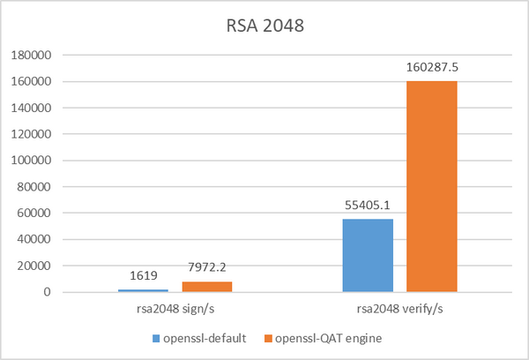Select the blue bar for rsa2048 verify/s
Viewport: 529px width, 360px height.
pyautogui.click(x=368, y=255)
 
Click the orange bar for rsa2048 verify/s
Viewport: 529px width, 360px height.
pyautogui.click(x=431, y=186)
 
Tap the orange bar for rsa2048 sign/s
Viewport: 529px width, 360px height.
pyautogui.click(x=207, y=286)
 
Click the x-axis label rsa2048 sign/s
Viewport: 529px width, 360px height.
pyautogui.click(x=175, y=311)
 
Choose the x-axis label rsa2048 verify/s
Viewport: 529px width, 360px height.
pyautogui.click(x=399, y=311)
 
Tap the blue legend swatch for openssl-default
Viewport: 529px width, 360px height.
pyautogui.click(x=158, y=338)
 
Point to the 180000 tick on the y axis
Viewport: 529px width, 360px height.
pyautogui.click(x=34, y=55)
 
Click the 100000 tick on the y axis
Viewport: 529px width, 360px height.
pyautogui.click(x=34, y=161)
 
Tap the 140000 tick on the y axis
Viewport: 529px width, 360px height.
pyautogui.click(x=34, y=108)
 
